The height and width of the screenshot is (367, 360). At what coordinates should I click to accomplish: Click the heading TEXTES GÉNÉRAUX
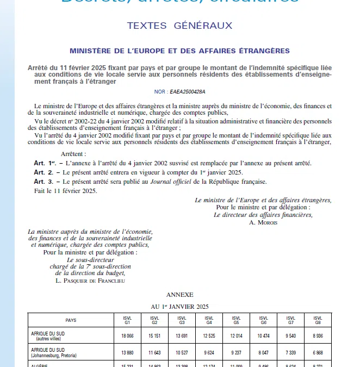point(179,26)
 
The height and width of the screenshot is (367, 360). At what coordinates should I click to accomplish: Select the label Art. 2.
point(43,172)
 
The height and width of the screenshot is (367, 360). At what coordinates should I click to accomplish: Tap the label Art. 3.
point(43,181)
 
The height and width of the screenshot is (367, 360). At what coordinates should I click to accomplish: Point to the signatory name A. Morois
point(263,222)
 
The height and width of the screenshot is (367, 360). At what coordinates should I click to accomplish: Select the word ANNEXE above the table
point(179,295)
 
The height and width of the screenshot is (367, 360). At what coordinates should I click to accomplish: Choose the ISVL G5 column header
point(237,320)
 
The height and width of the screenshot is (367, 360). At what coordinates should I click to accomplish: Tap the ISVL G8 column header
point(318,320)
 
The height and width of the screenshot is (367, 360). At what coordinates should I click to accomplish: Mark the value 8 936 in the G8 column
point(318,337)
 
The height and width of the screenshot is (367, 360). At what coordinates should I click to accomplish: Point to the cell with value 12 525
point(209,337)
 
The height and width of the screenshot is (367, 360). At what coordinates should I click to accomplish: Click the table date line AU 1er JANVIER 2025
point(179,307)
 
